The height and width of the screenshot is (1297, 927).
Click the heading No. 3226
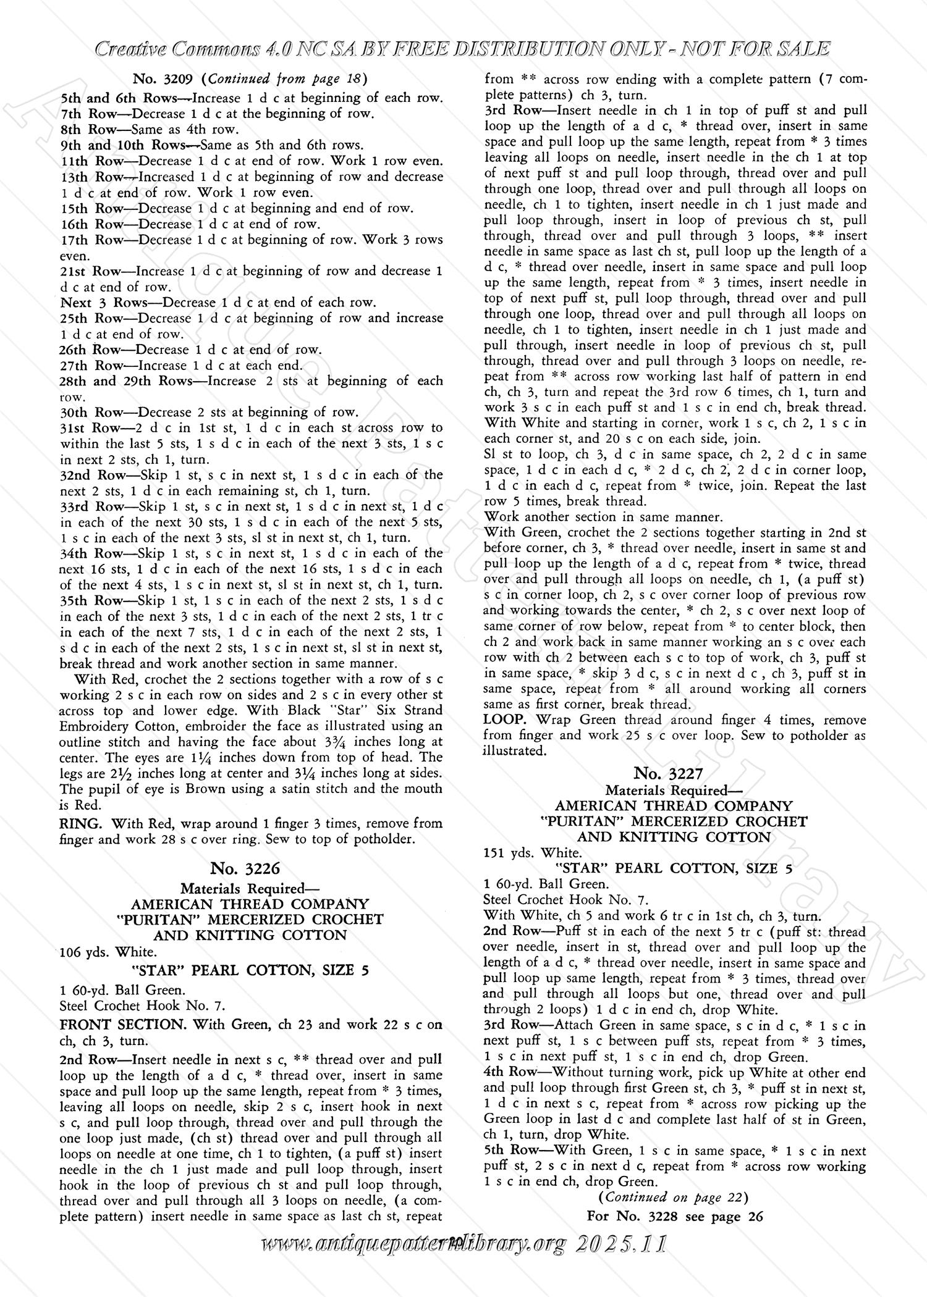[245, 868]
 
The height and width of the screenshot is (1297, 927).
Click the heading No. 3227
[669, 773]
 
